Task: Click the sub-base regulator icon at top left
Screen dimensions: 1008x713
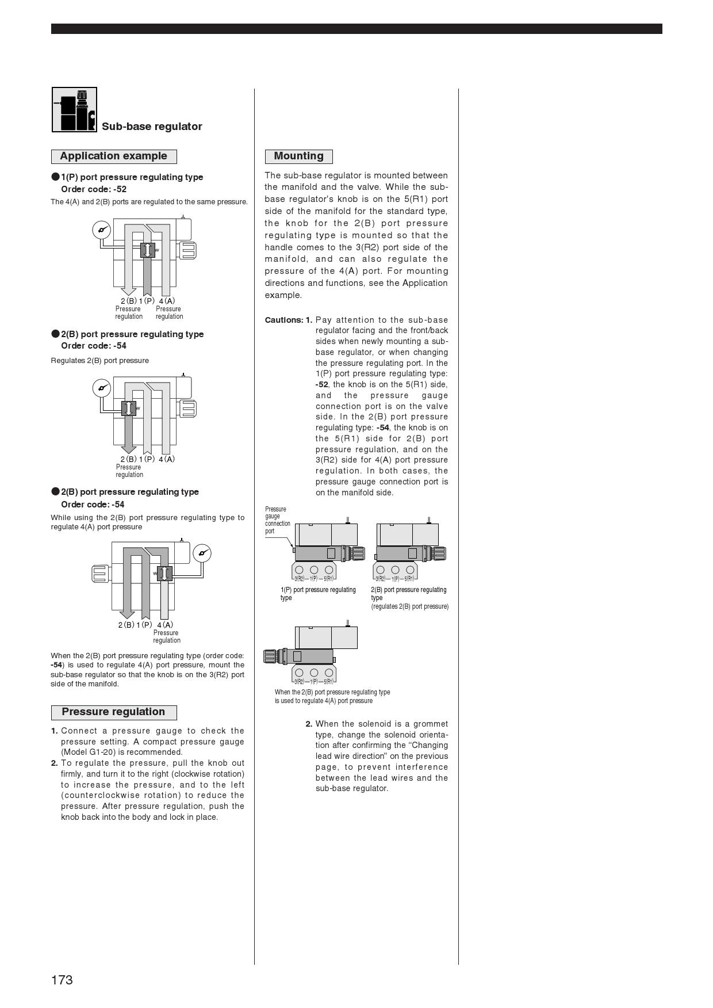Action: tap(74, 109)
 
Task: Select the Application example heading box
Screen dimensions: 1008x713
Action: tap(113, 156)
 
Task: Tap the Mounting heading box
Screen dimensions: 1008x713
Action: tap(298, 156)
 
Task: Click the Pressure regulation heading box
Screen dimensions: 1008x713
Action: tap(113, 712)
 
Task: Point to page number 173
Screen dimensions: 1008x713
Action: tap(62, 980)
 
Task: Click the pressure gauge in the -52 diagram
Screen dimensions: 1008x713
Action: tap(101, 230)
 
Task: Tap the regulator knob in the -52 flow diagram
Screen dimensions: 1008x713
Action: tap(187, 250)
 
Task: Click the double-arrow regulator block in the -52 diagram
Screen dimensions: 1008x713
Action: tap(148, 250)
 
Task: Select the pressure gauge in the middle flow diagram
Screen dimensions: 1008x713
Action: tap(101, 388)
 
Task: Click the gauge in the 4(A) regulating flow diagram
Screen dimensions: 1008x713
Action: tap(202, 553)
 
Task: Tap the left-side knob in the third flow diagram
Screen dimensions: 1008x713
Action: tap(100, 573)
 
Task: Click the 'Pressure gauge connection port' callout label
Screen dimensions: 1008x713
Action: tap(278, 520)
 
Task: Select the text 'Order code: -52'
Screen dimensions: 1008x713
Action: tap(94, 189)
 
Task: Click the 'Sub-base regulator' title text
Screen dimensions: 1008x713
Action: tap(152, 127)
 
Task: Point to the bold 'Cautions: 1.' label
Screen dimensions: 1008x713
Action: tap(288, 320)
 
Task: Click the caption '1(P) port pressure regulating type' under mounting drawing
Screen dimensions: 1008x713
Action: tap(318, 593)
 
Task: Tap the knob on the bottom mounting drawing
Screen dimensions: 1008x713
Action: tap(274, 656)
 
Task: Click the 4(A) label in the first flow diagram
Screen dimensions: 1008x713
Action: tap(167, 301)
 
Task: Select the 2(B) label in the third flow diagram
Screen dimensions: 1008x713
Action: tap(126, 625)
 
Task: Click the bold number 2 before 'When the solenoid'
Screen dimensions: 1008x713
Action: tap(309, 724)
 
